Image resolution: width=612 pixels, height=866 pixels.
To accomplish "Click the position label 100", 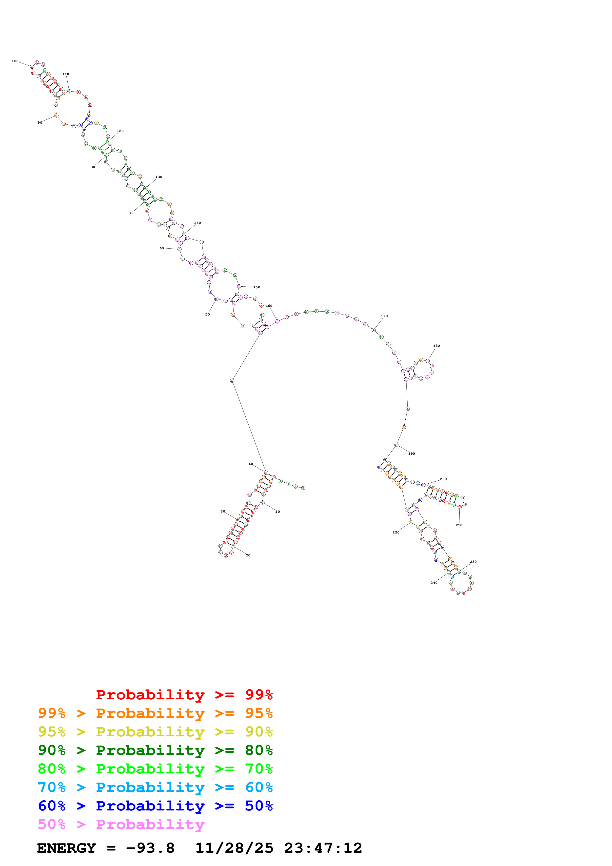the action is pos(15,61).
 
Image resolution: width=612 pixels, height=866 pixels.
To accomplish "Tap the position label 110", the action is pos(66,74).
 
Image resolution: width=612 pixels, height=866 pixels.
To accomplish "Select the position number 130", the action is pos(158,177).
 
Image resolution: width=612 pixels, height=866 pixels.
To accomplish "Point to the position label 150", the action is pos(257,287).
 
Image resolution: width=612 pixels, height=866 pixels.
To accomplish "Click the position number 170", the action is pos(384,316).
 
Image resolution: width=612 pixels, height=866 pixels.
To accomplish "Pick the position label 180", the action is pos(436,346).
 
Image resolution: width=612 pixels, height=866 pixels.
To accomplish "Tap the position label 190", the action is pos(411,454).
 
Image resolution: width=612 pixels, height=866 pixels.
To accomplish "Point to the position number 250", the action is pos(395,532).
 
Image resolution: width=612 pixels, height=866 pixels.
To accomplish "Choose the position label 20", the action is pos(248,555).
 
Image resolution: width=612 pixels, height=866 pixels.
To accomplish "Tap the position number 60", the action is pos(161,248).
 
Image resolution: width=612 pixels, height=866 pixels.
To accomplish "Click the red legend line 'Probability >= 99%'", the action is pos(184,694).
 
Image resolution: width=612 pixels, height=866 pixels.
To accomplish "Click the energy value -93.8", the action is pos(150,848).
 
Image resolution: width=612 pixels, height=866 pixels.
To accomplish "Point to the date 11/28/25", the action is pos(234,848).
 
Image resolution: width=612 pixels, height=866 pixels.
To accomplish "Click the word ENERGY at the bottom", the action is pos(66,848).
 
